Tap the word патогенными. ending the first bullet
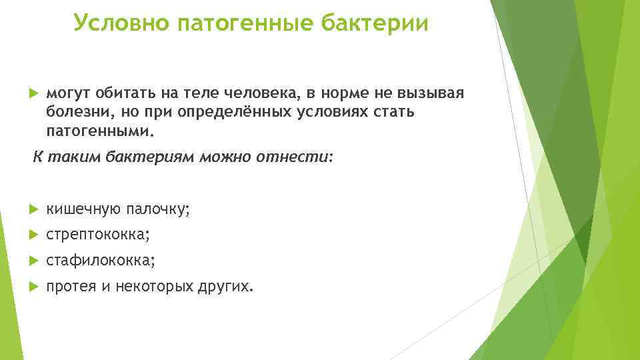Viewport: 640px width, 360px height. [x=99, y=131]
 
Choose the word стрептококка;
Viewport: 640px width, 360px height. [x=98, y=235]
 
